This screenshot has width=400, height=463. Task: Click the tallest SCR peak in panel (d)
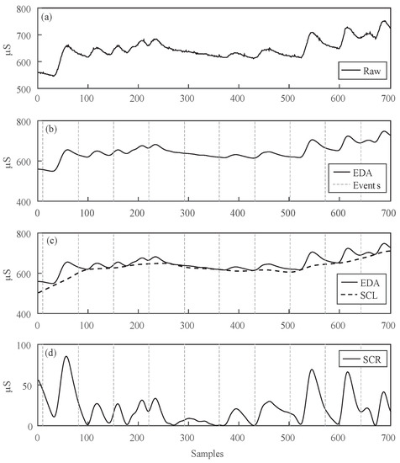pyautogui.click(x=66, y=357)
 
